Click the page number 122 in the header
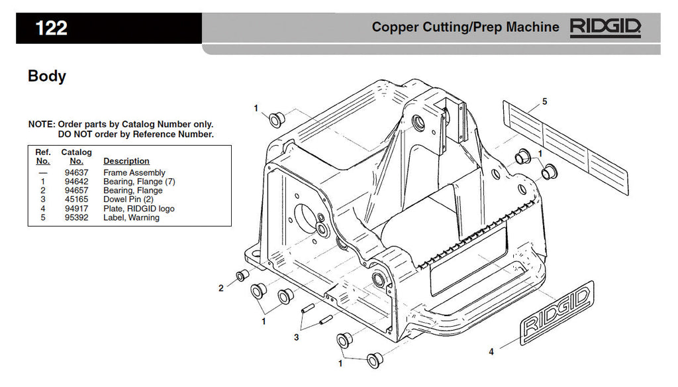51,28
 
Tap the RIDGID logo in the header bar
606,27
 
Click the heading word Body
46,76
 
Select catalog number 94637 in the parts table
77,173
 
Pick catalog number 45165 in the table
77,199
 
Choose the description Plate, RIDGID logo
139,209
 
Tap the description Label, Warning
131,217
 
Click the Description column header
126,161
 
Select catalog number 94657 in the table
77,191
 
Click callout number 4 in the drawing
491,352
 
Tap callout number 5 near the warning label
544,101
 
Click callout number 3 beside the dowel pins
297,337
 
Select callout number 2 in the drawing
221,288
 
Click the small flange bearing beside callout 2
242,275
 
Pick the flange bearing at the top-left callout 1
276,119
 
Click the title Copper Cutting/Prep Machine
465,27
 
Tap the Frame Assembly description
134,173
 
